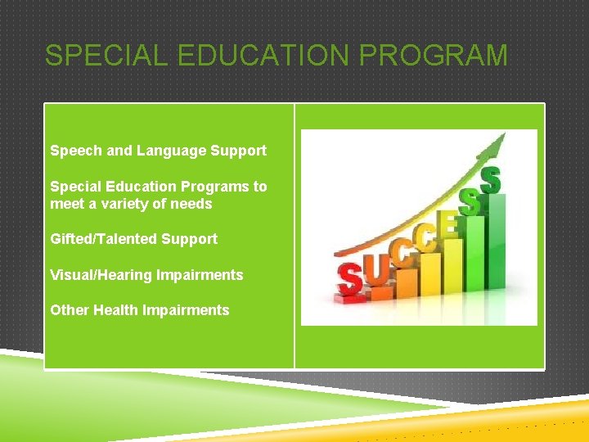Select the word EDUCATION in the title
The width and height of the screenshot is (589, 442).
tap(273, 56)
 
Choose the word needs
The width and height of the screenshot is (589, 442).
tap(193, 204)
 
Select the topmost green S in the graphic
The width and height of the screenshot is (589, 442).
tap(490, 179)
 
